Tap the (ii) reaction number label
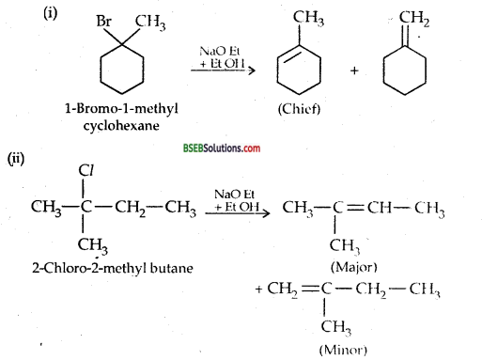coord(18,161)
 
